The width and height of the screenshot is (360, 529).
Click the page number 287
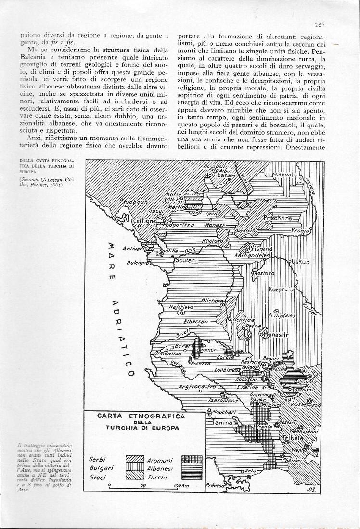pos(320,25)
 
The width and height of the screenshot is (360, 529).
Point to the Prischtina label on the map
pos(278,218)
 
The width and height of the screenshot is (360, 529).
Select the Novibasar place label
pos(218,176)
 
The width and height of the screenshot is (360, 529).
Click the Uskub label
pos(302,261)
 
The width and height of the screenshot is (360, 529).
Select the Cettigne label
pos(143,221)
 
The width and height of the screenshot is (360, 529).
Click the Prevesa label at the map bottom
pos(216,486)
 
